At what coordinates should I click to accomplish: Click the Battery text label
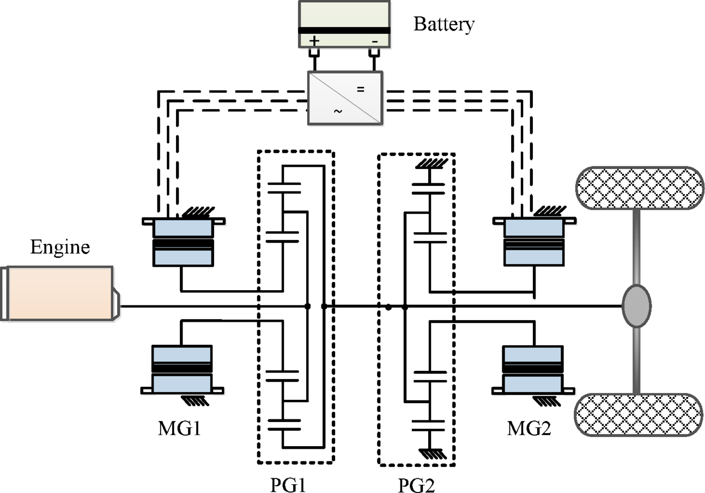pos(445,25)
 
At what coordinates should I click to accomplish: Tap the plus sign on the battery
pos(314,41)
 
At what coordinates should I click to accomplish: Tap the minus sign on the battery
pos(374,41)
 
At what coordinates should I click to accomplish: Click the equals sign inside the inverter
pos(360,88)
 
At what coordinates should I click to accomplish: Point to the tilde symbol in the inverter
pos(338,111)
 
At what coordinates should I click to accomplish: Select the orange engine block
pos(60,293)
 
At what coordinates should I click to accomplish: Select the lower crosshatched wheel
pos(640,415)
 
